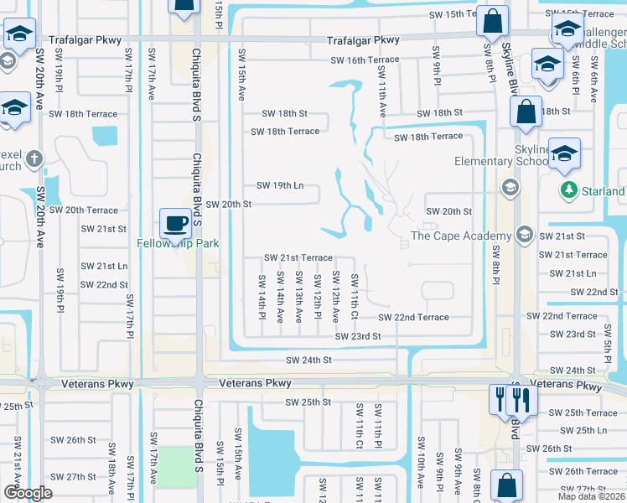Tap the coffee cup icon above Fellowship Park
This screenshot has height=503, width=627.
tap(175, 223)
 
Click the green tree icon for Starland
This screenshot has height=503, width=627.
tap(569, 189)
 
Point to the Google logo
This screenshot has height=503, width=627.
tap(27, 493)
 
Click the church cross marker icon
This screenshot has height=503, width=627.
tap(34, 158)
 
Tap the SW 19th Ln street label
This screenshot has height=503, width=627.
tap(280, 185)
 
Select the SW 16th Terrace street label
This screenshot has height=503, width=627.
tap(365, 60)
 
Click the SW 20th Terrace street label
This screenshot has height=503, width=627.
tap(84, 210)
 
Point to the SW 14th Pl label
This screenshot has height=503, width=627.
tap(262, 291)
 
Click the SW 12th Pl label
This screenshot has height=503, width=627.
tap(318, 296)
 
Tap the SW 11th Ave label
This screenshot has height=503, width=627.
tap(382, 98)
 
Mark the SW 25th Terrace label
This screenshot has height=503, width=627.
tap(584, 413)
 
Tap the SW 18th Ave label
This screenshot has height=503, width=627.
tap(111, 479)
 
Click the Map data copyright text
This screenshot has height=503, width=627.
tap(592, 496)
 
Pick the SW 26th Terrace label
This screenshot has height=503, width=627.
tap(584, 471)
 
